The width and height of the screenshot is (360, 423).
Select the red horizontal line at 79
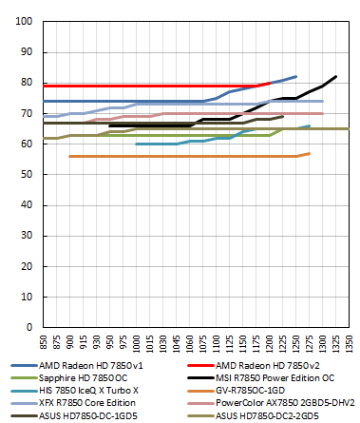142,86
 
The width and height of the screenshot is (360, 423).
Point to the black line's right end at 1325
335,77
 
